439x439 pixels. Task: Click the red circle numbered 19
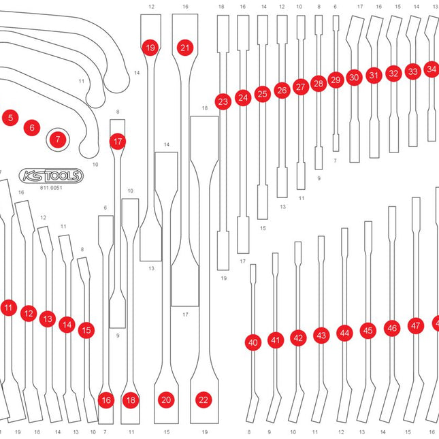(x=150, y=48)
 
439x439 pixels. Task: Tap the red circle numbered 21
(x=184, y=48)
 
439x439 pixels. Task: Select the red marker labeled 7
(x=58, y=140)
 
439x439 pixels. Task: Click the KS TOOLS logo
(x=51, y=176)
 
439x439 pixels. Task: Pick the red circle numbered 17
(x=118, y=142)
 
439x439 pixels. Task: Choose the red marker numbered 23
(x=223, y=102)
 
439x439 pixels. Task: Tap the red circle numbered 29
(x=335, y=80)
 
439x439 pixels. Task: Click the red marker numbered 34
(x=431, y=69)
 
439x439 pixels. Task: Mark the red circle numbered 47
(x=415, y=326)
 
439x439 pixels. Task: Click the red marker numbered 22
(x=202, y=400)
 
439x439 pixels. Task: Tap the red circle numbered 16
(x=105, y=400)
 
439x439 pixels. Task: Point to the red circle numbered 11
(x=8, y=308)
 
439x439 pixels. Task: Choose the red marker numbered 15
(x=86, y=330)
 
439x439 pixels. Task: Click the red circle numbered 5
(x=10, y=118)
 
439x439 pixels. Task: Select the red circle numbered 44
(x=344, y=333)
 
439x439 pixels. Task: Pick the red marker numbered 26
(x=282, y=90)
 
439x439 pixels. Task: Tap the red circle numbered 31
(x=373, y=75)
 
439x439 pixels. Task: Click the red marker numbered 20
(x=166, y=400)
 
